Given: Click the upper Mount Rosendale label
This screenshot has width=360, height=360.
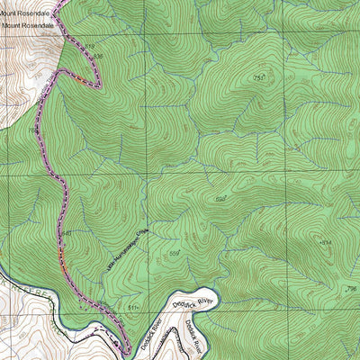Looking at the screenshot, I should [x=28, y=13].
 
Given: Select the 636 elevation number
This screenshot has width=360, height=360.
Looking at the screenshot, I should [x=98, y=56].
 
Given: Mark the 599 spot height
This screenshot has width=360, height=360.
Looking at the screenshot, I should [x=220, y=199].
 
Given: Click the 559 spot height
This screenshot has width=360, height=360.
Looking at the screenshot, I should [x=175, y=255].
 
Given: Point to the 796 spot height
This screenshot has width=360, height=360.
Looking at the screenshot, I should [x=352, y=290].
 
